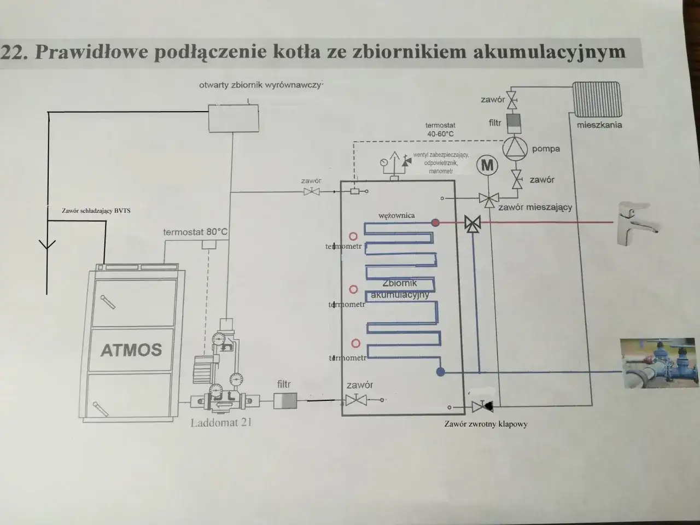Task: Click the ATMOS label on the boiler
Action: pyautogui.click(x=131, y=349)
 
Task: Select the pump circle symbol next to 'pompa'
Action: pyautogui.click(x=515, y=148)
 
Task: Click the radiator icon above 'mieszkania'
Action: pyautogui.click(x=597, y=100)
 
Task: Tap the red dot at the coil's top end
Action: pyautogui.click(x=435, y=223)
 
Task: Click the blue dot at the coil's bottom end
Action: pyautogui.click(x=441, y=372)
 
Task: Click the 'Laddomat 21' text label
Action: pyautogui.click(x=221, y=422)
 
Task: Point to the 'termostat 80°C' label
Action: pyautogui.click(x=195, y=232)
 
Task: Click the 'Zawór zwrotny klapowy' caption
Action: pyautogui.click(x=486, y=423)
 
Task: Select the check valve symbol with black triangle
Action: pyautogui.click(x=481, y=406)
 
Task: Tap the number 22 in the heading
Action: pyautogui.click(x=12, y=52)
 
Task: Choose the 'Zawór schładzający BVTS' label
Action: pyautogui.click(x=97, y=211)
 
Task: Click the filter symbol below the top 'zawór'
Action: pyautogui.click(x=514, y=122)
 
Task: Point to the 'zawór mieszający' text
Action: pyautogui.click(x=535, y=207)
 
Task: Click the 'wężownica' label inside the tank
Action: pyautogui.click(x=396, y=215)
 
